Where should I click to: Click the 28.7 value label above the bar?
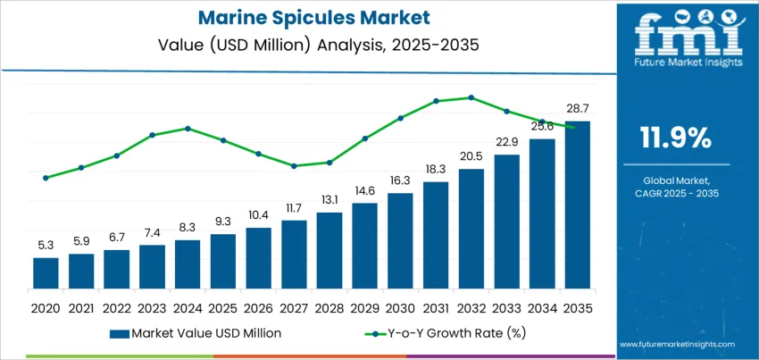click(577, 108)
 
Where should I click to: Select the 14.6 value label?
click(364, 190)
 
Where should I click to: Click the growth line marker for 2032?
click(471, 97)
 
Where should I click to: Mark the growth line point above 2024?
click(188, 128)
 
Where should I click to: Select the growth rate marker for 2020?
click(46, 178)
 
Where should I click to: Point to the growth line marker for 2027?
click(294, 165)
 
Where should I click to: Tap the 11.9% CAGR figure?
click(676, 137)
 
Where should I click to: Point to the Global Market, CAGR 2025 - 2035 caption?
click(676, 187)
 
